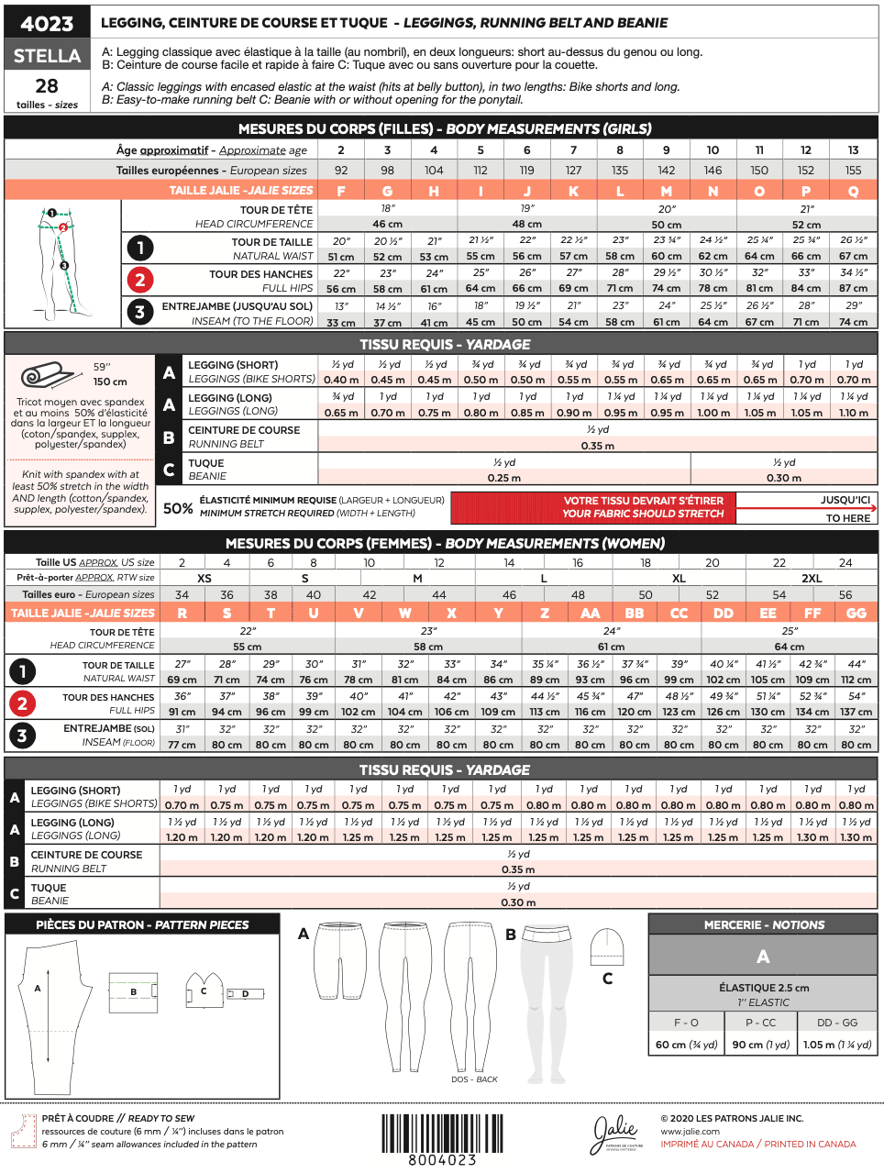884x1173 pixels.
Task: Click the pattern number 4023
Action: tap(47, 24)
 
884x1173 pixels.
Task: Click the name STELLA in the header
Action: tap(47, 56)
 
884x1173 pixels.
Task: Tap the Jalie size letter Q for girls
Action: tap(853, 191)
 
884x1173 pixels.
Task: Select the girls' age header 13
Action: tap(853, 150)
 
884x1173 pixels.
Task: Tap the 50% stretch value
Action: tap(178, 507)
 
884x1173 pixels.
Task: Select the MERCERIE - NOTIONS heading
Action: tap(763, 925)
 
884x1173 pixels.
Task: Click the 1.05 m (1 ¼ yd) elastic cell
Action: tap(837, 1045)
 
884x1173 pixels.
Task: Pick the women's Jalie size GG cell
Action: tap(856, 614)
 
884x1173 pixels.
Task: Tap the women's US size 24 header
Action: tap(845, 563)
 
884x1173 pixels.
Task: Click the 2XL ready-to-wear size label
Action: tap(812, 579)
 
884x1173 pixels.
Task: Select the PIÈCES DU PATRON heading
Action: tap(142, 925)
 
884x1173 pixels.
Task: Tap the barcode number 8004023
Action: tap(442, 1160)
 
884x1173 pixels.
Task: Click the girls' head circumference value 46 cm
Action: tap(387, 224)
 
